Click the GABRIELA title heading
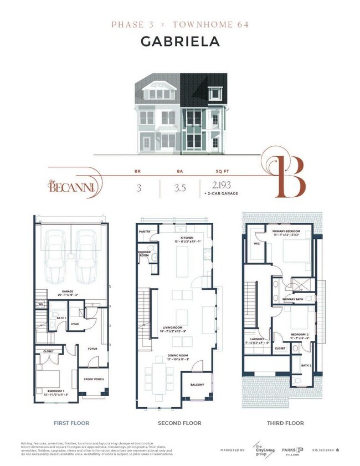pyautogui.click(x=179, y=41)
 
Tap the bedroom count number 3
pyautogui.click(x=138, y=187)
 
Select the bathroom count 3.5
pyautogui.click(x=179, y=187)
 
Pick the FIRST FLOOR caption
pyautogui.click(x=71, y=423)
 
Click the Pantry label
pyautogui.click(x=145, y=232)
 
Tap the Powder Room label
pyautogui.click(x=144, y=253)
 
